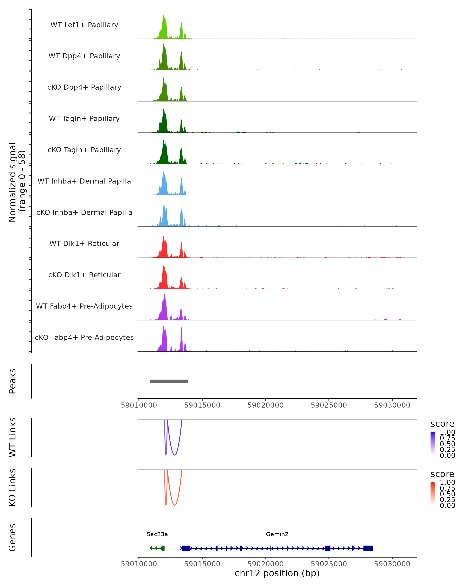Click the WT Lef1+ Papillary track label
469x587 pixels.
[84, 25]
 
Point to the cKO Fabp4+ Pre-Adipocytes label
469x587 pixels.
[84, 337]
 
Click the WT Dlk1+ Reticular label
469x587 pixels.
[84, 243]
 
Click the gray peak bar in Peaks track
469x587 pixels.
[169, 381]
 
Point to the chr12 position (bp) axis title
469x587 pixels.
[277, 573]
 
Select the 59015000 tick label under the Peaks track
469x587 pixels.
[202, 405]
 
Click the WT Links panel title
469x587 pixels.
[13, 437]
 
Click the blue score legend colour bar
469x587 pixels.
[433, 444]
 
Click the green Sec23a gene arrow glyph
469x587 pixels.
[157, 548]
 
